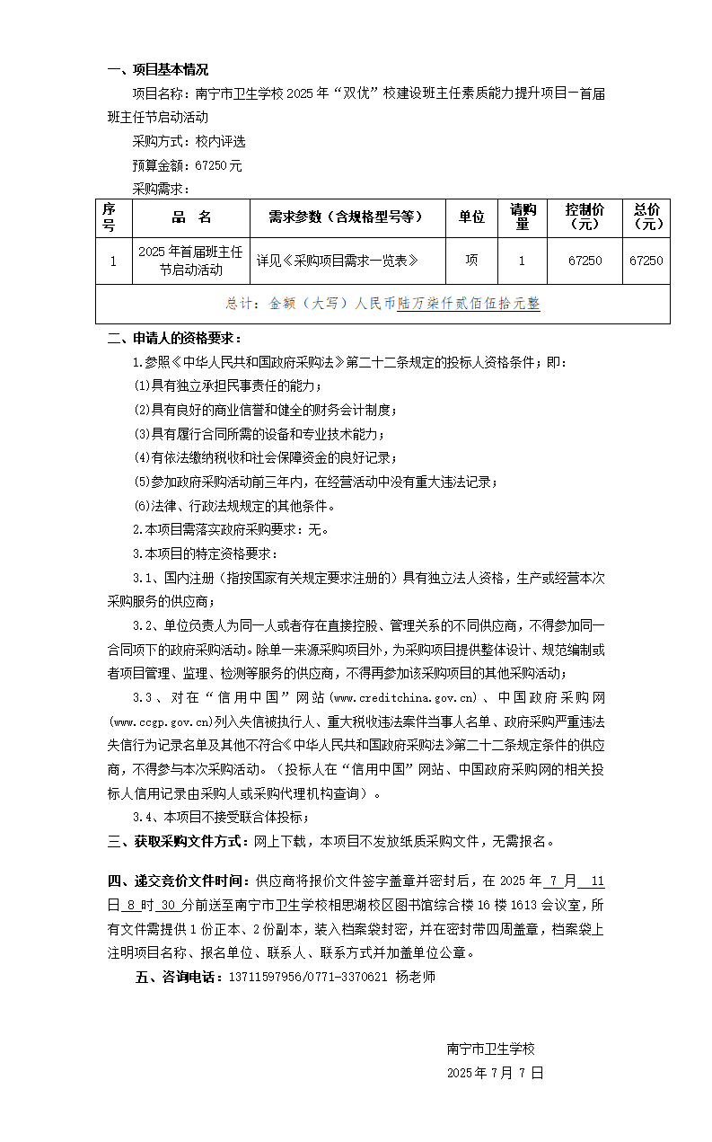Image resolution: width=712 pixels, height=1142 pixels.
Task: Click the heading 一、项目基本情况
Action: coord(157,70)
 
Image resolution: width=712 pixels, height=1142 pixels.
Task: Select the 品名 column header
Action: coord(191,217)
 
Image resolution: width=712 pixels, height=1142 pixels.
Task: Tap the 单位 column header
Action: coord(471,217)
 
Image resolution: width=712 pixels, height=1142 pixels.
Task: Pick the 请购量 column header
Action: coord(523,217)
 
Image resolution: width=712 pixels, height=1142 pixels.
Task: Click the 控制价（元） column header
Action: coord(585,217)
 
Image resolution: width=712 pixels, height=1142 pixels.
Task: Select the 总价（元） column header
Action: coord(646,217)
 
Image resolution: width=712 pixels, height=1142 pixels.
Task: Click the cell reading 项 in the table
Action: coord(471,261)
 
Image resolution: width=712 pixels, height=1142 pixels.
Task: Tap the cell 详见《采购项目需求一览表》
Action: coord(338,261)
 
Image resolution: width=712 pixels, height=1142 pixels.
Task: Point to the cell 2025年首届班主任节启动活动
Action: coord(191,261)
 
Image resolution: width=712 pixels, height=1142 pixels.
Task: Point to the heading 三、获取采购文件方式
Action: coord(175,841)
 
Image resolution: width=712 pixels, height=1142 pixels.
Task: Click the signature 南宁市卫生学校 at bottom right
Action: coord(490,1049)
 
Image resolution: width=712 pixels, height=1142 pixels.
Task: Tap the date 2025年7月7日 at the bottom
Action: coord(495,1073)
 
